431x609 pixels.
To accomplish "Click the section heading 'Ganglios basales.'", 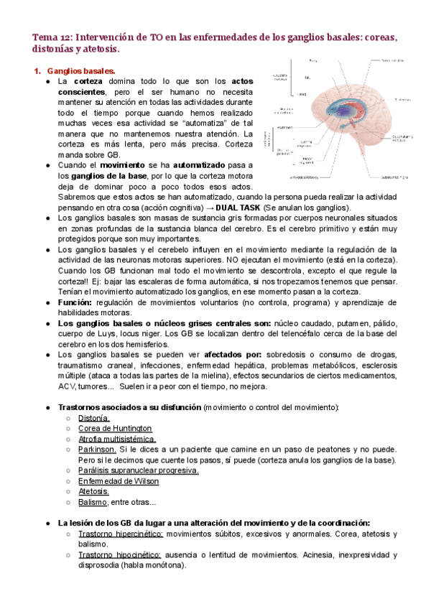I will (x=80, y=71).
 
